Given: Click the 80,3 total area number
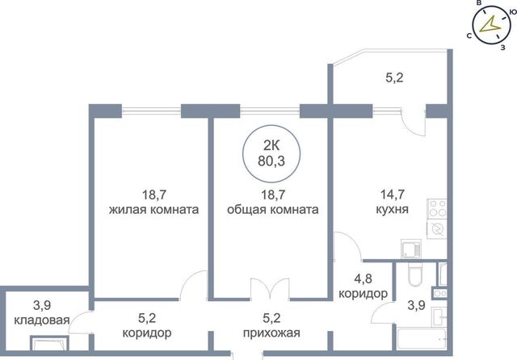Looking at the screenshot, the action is pos(271,161).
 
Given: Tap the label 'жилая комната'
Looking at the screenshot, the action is pos(154,210).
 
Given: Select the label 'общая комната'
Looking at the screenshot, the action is pos(273,210).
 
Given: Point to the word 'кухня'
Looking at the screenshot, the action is pos(393,210).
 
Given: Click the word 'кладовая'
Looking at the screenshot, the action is pos(42,320).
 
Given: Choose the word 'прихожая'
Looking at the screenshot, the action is pos(271,333).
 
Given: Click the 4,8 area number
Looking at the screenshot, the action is pos(363,278).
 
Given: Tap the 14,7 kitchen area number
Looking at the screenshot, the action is pos(393,195).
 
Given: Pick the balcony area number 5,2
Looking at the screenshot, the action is pos(394,78).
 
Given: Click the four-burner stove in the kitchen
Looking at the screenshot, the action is pos(437,209).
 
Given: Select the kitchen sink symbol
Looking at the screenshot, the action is pos(411,249).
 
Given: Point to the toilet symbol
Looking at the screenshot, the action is pos(414,274).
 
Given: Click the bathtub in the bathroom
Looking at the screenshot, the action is pos(422,338).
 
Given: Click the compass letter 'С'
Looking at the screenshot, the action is pos(469,36).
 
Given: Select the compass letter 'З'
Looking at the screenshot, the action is pos(502,48).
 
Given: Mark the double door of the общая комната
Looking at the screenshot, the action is pos(270,289).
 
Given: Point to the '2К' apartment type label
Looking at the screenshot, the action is pos(271,145).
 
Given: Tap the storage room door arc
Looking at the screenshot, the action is pos(79,322).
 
